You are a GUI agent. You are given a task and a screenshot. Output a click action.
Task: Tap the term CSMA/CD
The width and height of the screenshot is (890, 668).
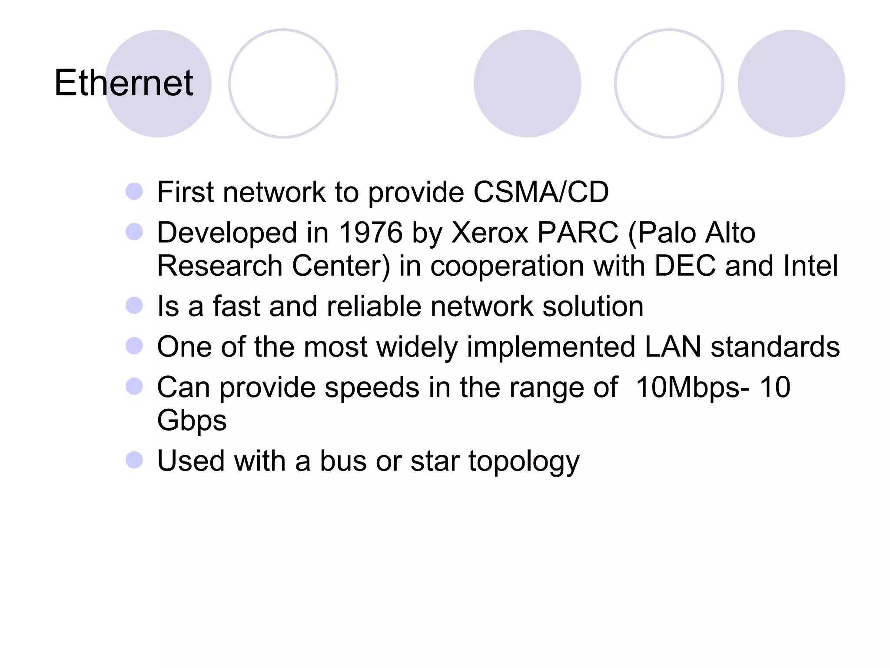click(541, 192)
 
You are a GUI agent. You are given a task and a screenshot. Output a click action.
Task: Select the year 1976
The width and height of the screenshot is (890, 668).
click(370, 232)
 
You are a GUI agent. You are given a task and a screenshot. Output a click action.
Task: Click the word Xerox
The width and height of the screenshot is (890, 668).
click(490, 232)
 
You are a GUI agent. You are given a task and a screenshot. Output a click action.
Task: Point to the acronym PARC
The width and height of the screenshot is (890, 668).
click(578, 232)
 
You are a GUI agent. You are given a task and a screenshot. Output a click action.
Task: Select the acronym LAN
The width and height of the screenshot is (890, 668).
click(673, 347)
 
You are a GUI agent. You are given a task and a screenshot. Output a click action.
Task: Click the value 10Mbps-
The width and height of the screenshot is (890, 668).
click(692, 387)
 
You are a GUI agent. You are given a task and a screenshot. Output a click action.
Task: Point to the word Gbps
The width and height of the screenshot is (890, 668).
click(192, 421)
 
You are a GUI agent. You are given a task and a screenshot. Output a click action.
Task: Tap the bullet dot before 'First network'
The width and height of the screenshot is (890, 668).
click(134, 191)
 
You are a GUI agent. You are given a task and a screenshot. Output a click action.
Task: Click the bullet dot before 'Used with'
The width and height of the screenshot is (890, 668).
click(134, 460)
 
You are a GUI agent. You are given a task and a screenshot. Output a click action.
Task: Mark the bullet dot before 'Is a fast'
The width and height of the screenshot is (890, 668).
click(134, 305)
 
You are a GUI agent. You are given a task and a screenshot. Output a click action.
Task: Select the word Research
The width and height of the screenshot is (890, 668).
click(219, 266)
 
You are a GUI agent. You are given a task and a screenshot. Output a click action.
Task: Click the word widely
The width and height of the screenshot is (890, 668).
click(417, 347)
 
